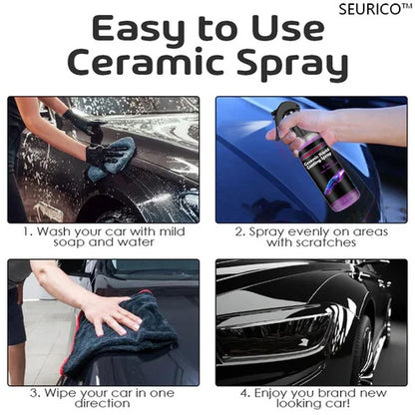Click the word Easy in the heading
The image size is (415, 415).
click(119, 30)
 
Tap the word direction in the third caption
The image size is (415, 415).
click(104, 407)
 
